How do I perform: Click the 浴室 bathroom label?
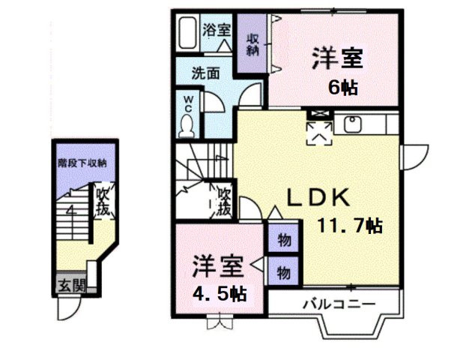point(217,31)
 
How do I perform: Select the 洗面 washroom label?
point(205,74)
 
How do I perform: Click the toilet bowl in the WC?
point(187,125)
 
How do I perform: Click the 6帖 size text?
point(342,86)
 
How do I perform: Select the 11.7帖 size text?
point(346,224)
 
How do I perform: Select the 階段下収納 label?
point(82,162)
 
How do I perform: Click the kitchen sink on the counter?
point(351,122)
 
